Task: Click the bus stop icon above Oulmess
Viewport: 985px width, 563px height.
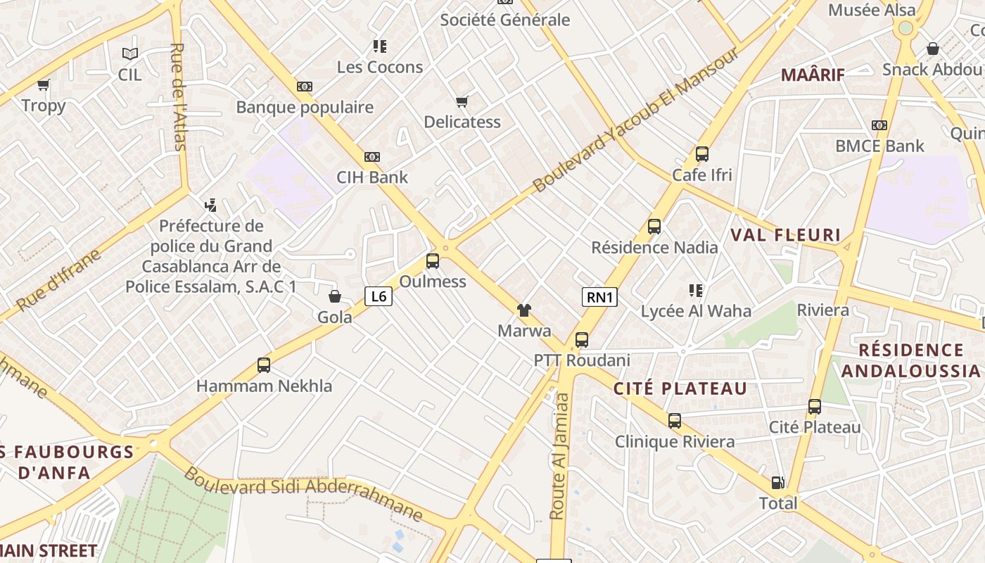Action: point(433,261)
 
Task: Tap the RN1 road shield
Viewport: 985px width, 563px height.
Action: point(599,297)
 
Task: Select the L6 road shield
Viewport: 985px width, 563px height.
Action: point(379,296)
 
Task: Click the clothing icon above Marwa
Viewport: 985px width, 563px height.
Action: point(523,310)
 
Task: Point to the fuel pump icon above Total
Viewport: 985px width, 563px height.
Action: point(777,483)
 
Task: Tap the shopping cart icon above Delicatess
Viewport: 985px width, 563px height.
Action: point(462,102)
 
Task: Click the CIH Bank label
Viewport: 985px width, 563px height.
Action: point(372,177)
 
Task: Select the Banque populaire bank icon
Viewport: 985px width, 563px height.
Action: point(304,87)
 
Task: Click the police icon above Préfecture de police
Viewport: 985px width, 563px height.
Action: point(210,205)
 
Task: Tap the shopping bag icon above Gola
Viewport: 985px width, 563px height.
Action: point(335,296)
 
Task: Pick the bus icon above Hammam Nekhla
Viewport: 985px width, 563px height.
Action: point(264,365)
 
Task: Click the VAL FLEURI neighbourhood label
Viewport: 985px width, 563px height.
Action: point(785,235)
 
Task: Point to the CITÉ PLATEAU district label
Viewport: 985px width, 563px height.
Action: point(680,388)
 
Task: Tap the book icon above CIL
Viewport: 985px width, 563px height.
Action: point(129,53)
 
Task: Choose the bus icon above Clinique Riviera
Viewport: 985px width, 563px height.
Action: point(674,421)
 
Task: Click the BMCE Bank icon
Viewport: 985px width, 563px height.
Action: point(879,125)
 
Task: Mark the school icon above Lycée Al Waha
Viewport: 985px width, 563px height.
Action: point(696,291)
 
